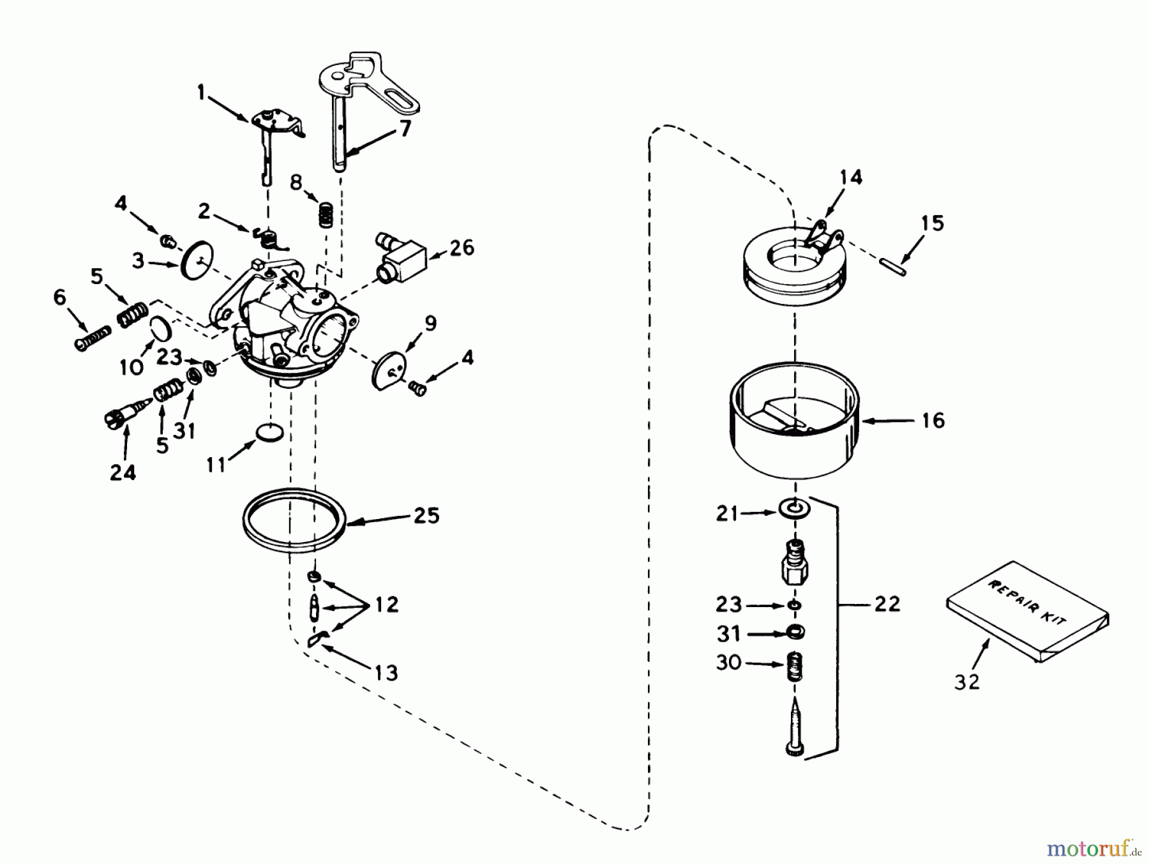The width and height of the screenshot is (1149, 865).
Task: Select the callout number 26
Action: tap(462, 248)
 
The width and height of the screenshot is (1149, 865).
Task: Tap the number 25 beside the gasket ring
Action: tap(426, 515)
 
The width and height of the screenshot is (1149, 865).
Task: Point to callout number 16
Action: tap(933, 420)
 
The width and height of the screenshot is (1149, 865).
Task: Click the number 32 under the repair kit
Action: tap(966, 682)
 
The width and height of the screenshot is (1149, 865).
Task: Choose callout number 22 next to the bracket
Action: tap(887, 603)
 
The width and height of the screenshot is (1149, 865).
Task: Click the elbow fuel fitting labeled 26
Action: tap(400, 259)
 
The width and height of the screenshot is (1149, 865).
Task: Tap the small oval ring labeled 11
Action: tap(269, 432)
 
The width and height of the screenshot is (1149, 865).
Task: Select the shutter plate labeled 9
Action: tap(389, 369)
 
